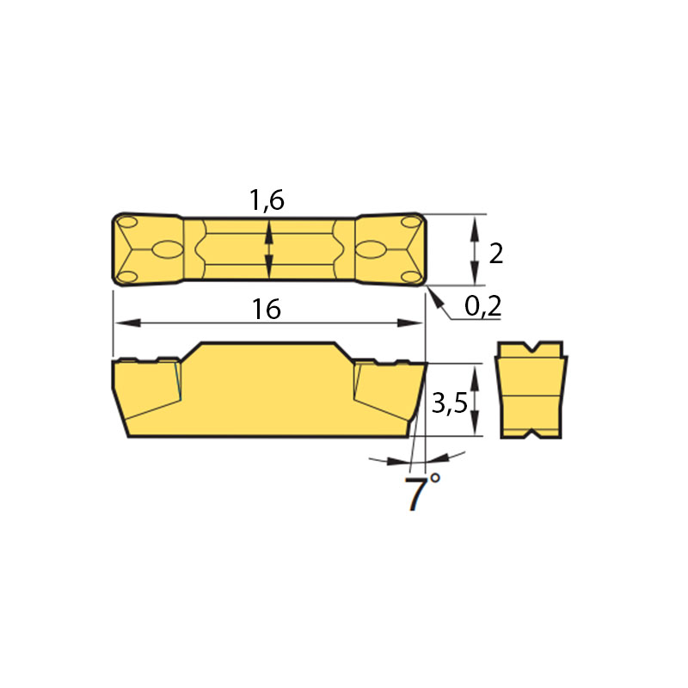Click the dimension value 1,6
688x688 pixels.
[x=267, y=200]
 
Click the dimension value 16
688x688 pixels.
[x=267, y=309]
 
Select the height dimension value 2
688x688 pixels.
[x=496, y=254]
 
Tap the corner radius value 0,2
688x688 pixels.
[x=482, y=306]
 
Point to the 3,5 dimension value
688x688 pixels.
[x=450, y=402]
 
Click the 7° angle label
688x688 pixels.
[x=421, y=491]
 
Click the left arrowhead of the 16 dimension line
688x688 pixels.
[x=127, y=323]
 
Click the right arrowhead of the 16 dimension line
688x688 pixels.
[x=410, y=323]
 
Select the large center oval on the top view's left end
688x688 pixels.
[x=168, y=249]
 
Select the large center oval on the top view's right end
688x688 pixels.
[x=371, y=249]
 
